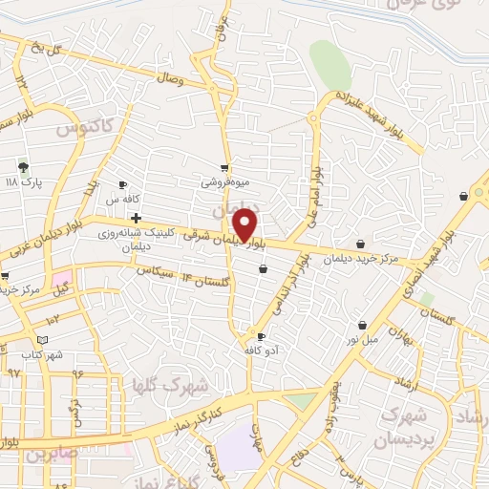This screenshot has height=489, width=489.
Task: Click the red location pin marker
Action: [x=245, y=224]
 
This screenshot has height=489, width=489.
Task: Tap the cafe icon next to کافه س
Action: [x=122, y=184]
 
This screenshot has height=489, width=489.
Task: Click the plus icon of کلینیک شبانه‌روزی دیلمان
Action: [x=137, y=218]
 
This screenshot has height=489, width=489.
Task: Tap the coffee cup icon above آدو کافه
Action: [x=261, y=336]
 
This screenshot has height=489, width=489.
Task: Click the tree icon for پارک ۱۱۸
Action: [x=23, y=167]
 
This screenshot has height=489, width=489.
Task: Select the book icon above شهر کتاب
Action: [x=41, y=340]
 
